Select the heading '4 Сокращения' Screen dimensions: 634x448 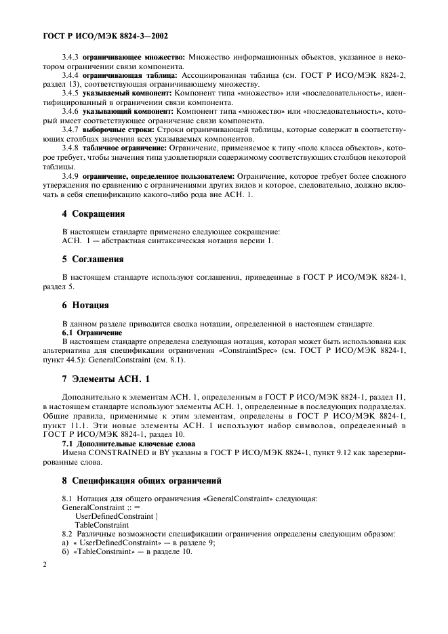94,213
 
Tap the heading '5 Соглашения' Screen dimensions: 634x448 93,259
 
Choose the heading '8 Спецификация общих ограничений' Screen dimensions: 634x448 142,480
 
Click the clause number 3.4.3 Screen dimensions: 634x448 71,59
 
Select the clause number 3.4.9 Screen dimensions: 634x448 71,175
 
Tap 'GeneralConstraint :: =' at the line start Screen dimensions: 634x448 100,507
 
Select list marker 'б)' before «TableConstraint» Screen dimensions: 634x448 65,551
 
